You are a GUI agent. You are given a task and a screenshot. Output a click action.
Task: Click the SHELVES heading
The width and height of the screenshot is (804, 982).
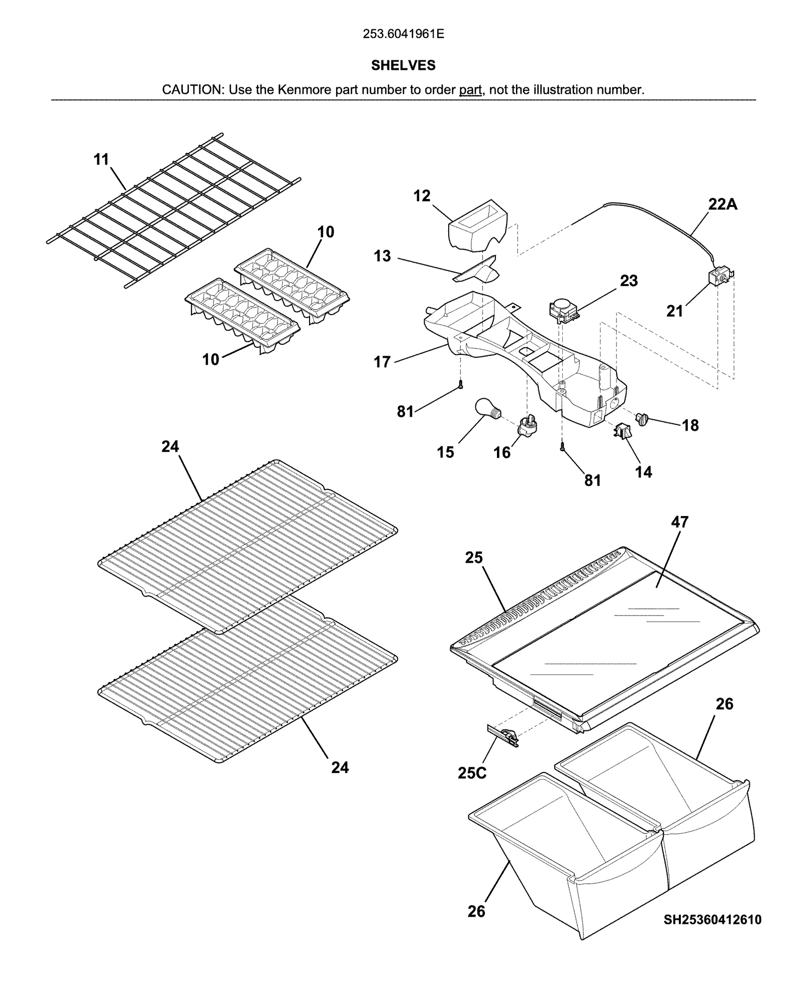tap(403, 65)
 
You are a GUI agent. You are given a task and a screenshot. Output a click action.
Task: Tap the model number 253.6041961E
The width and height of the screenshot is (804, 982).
tap(403, 34)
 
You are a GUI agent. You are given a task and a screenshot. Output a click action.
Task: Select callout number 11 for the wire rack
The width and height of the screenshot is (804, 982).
tap(102, 159)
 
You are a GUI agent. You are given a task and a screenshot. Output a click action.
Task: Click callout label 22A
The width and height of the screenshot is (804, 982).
tap(723, 205)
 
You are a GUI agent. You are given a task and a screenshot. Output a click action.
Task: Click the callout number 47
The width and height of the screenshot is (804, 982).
tap(679, 522)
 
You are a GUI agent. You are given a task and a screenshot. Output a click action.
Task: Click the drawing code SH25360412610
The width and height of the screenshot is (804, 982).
tap(712, 920)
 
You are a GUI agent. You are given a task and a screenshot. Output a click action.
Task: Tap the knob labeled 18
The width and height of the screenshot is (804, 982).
tap(642, 418)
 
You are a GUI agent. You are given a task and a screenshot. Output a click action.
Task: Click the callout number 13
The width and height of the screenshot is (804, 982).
tap(382, 256)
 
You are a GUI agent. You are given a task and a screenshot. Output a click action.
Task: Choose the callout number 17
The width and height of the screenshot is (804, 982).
tap(382, 362)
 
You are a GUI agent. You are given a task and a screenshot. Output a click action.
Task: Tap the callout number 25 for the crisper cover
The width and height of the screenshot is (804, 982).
tap(473, 558)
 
